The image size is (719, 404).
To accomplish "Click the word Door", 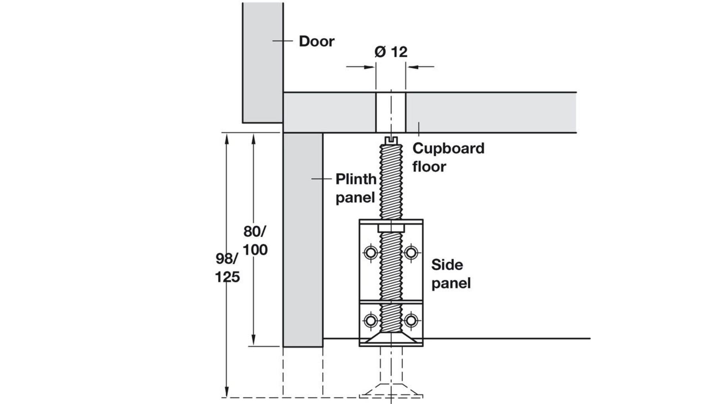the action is (317, 41).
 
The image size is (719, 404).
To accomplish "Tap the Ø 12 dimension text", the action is (391, 52).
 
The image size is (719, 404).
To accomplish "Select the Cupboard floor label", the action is (448, 158).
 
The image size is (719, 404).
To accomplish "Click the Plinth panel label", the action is (356, 188).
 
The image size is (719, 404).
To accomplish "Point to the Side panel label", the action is (451, 274).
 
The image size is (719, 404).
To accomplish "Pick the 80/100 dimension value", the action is (255, 240).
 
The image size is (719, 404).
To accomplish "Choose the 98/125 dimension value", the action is (227, 267).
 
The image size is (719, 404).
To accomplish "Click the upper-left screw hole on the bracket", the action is (371, 252).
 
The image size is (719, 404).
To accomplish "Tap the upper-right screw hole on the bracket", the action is (411, 252).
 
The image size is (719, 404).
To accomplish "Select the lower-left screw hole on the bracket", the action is (371, 320).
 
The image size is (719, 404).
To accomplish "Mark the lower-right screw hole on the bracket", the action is (411, 320).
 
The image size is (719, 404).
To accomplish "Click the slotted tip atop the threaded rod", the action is (391, 140).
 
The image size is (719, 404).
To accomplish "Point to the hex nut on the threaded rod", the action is (391, 228).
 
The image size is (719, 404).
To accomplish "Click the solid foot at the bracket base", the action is (391, 338).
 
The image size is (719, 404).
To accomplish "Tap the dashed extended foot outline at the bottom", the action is (391, 389).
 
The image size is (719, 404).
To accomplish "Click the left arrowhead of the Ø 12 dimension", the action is (369, 67).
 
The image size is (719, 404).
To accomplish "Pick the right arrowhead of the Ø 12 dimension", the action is (412, 67).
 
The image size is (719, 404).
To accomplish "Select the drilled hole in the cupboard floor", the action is (391, 112).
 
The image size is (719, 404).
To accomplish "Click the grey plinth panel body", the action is (303, 240).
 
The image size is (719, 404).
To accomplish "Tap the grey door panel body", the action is (263, 62).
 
